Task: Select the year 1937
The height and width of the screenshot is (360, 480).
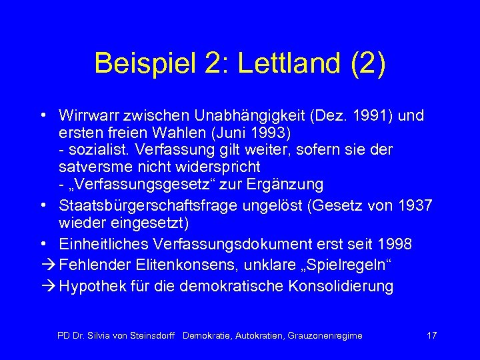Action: tap(414, 204)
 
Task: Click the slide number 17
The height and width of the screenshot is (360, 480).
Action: tap(431, 335)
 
